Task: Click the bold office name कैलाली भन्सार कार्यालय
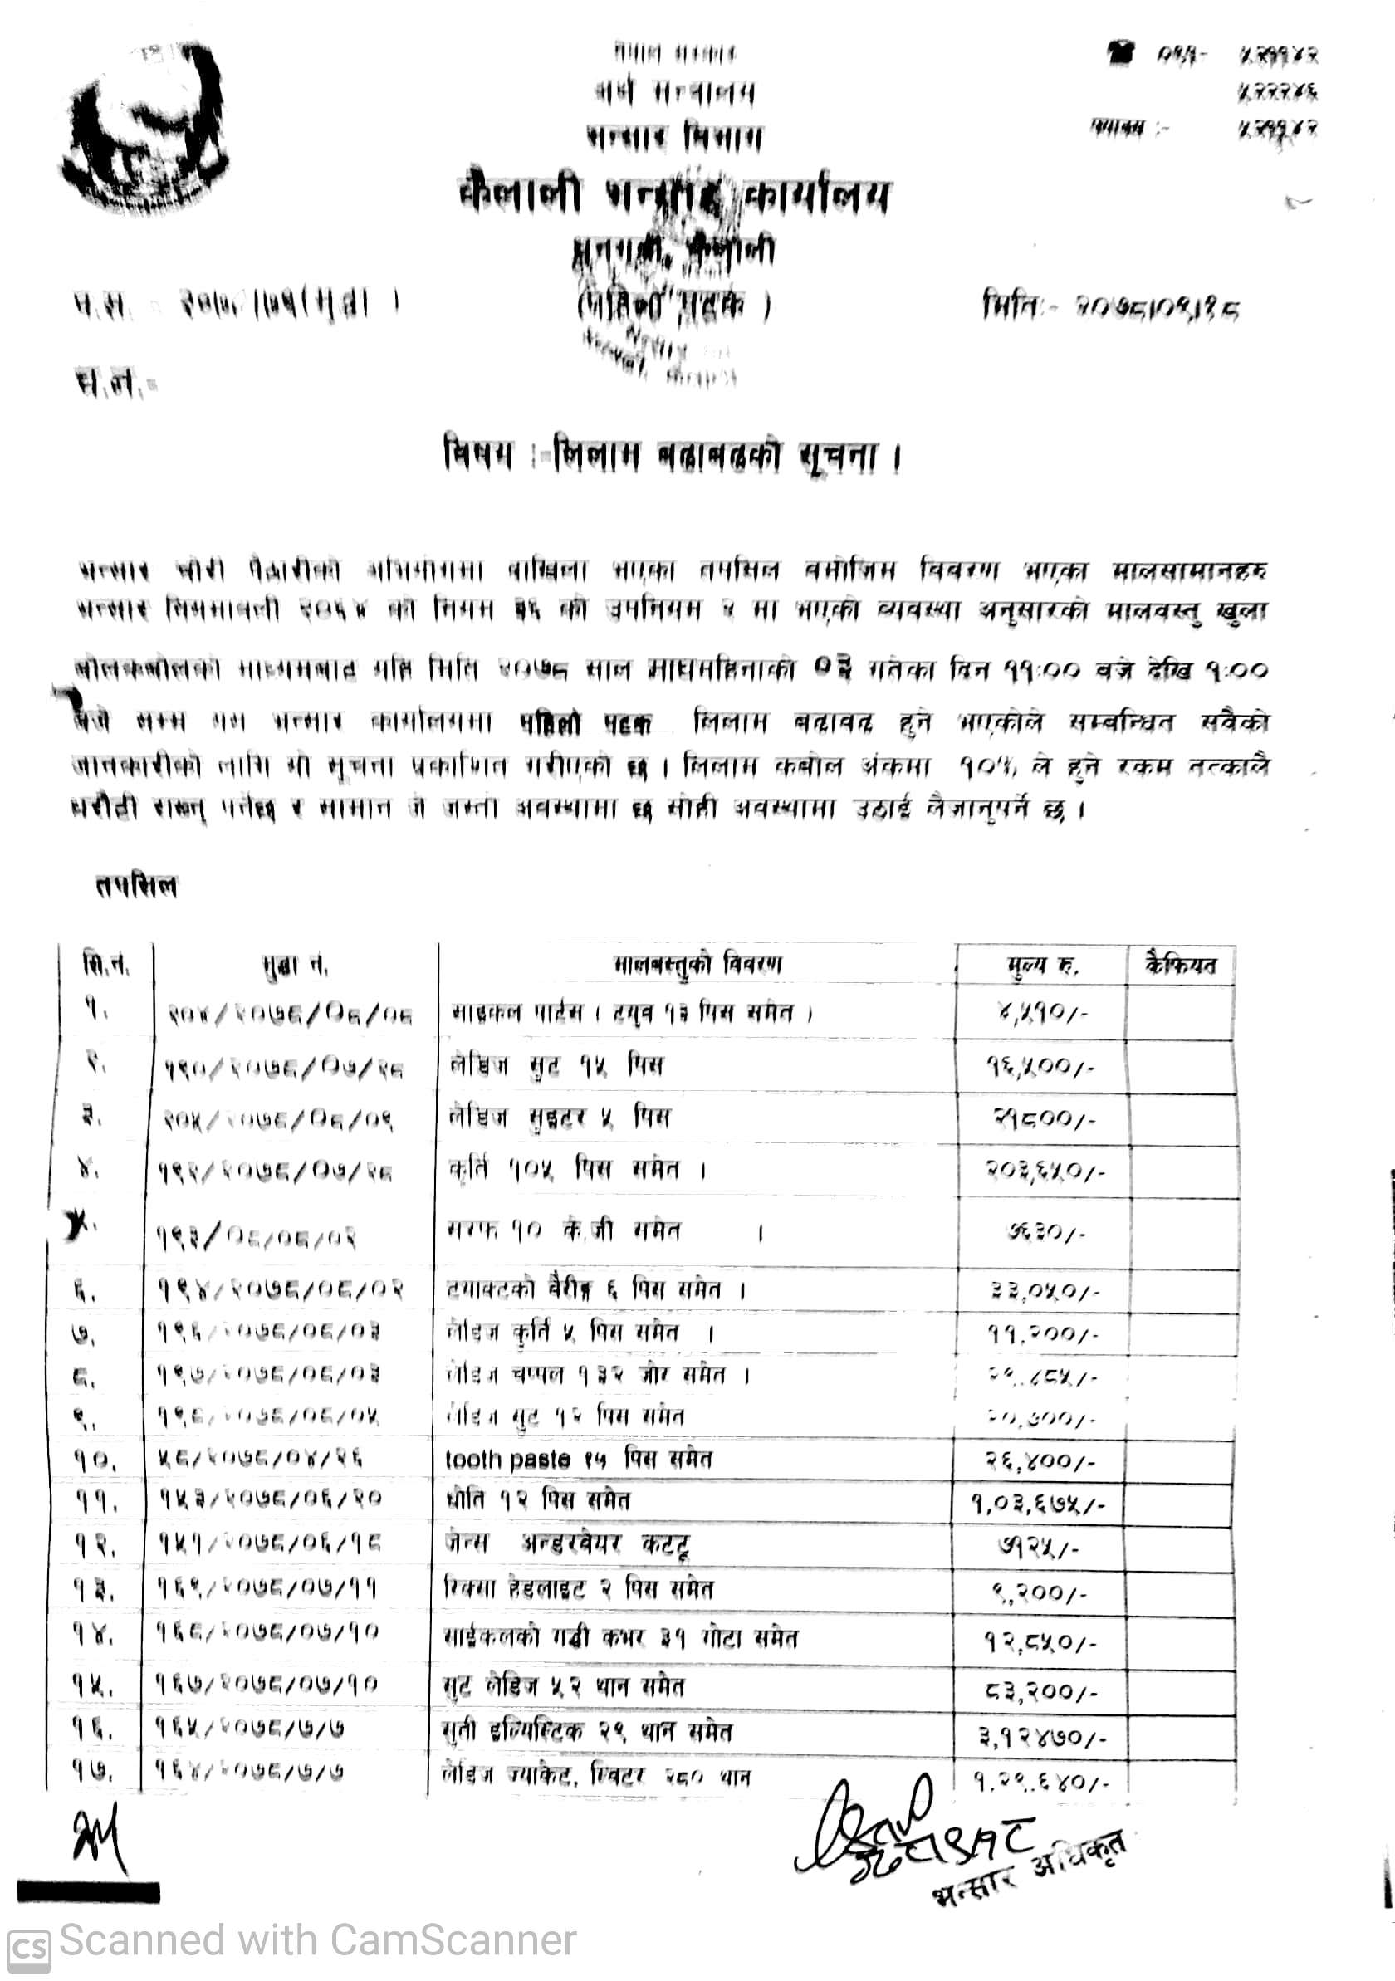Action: click(x=673, y=197)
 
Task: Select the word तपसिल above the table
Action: click(x=136, y=886)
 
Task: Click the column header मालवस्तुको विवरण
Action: click(x=697, y=965)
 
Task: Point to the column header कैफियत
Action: click(x=1180, y=965)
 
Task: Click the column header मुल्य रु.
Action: click(x=1042, y=966)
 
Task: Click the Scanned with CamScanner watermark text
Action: click(x=317, y=1941)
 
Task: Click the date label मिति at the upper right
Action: click(x=1011, y=306)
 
